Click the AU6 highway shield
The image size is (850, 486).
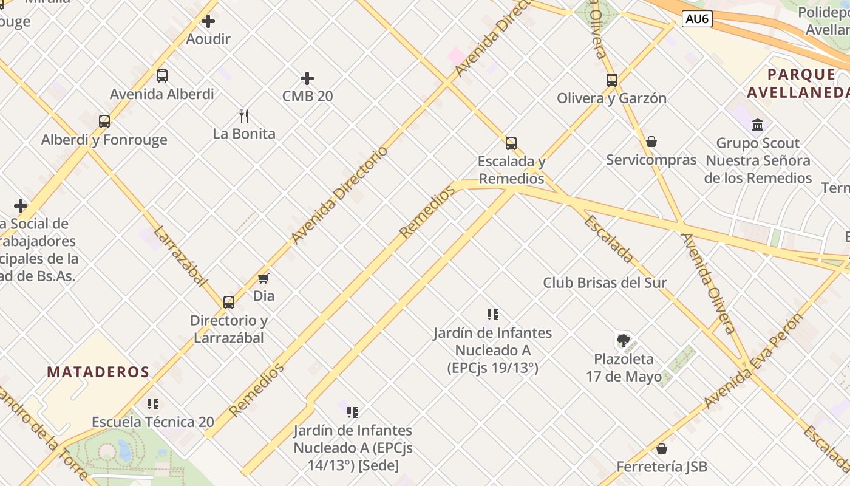[x=696, y=19]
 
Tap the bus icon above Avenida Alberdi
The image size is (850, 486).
[x=162, y=76]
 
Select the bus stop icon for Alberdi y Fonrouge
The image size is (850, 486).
[x=104, y=121]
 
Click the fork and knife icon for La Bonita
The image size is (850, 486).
[x=244, y=115]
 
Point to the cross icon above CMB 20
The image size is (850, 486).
[x=307, y=78]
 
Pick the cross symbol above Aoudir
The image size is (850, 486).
[x=208, y=22]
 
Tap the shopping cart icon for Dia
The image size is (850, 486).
[x=263, y=278]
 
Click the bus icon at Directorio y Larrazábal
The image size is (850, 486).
[x=229, y=302]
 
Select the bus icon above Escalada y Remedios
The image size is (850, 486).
[x=511, y=143]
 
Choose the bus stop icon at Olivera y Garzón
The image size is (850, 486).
[x=612, y=80]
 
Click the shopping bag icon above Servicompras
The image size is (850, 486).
[x=651, y=142]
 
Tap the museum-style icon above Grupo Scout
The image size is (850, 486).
[x=758, y=125]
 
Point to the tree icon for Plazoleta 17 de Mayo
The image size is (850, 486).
[x=623, y=340]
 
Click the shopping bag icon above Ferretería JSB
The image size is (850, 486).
[x=662, y=449]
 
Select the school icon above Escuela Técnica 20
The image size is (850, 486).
[x=153, y=403]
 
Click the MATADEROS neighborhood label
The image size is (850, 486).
[x=98, y=372]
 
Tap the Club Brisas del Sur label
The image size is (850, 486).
[x=605, y=282]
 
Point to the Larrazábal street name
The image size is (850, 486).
[x=180, y=256]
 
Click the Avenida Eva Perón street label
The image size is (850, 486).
[x=754, y=360]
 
